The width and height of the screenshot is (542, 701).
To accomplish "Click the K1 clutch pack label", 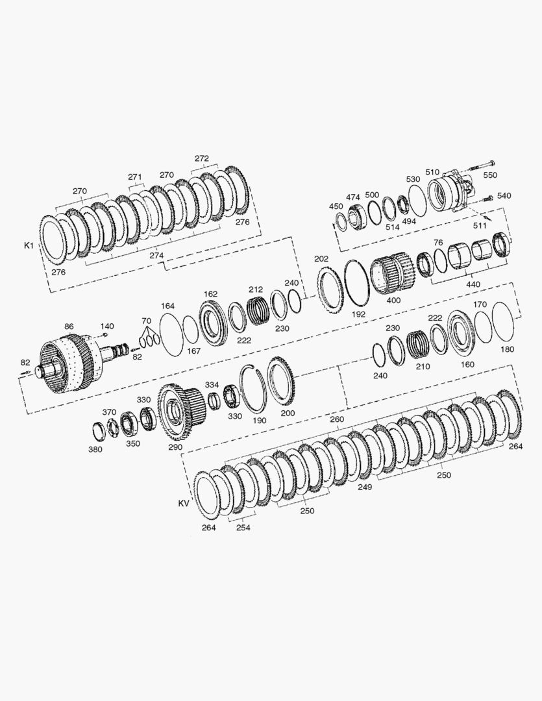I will [x=29, y=246].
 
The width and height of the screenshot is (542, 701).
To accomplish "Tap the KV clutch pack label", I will [x=184, y=503].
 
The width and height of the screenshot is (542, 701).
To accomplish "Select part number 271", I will [x=134, y=177].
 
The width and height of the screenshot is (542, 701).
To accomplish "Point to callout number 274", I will [x=156, y=256].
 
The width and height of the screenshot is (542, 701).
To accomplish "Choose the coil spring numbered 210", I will [x=417, y=344].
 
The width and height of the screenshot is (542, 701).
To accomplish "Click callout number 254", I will [x=243, y=528].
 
